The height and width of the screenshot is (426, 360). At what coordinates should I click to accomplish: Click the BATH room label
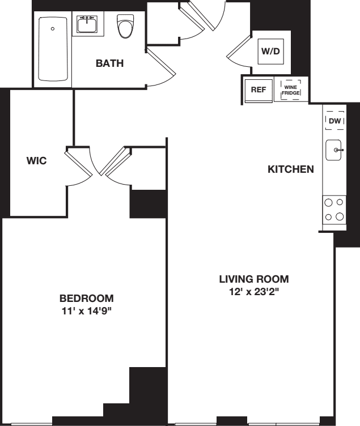coord(109,63)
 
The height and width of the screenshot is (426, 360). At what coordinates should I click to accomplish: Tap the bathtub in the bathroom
coord(53,50)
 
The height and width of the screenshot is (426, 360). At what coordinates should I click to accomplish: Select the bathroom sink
coord(87,25)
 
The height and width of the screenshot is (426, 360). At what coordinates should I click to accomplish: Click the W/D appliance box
coord(270,51)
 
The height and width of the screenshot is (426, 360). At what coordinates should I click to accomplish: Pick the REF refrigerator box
coord(258,90)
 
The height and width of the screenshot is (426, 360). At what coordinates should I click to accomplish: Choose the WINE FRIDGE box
coord(291,90)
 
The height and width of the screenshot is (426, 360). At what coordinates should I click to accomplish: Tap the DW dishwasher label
coord(334,121)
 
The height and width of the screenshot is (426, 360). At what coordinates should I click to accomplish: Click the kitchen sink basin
coord(334,150)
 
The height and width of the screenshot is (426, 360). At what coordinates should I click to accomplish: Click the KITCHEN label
coord(290,169)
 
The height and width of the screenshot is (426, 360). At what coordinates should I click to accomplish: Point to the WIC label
coord(36,160)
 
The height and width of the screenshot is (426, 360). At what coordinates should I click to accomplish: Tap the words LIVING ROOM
coord(254,279)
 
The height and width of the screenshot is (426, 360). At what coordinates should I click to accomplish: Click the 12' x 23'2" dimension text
coord(254,292)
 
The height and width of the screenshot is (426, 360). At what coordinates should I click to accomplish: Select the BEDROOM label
coord(87,298)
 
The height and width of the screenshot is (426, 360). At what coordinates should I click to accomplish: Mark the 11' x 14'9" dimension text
coord(87,311)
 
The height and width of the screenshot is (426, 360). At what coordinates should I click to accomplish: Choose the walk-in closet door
coord(82,164)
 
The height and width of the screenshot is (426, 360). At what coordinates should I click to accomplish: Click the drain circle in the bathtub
coord(53,28)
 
